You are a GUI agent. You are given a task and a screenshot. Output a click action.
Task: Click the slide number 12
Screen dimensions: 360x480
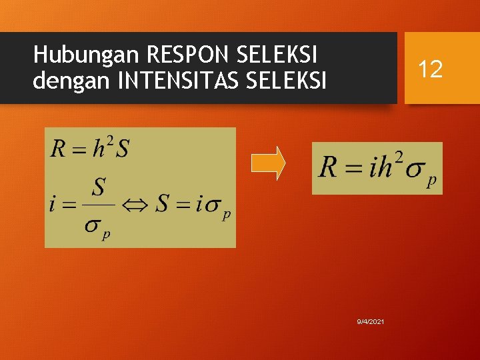(x=431, y=68)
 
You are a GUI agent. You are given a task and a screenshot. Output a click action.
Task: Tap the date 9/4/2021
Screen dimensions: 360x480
(x=370, y=322)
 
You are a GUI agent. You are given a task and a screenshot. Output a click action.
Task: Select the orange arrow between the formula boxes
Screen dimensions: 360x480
(x=268, y=163)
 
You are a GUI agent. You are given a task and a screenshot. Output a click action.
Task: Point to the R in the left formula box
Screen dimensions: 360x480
(x=58, y=148)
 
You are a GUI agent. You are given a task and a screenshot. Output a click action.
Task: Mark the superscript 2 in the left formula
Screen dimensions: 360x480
(x=110, y=139)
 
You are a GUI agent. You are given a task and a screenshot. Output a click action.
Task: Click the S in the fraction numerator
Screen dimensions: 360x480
(x=98, y=187)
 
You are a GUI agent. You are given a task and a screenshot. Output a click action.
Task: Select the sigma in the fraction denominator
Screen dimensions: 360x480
(x=93, y=225)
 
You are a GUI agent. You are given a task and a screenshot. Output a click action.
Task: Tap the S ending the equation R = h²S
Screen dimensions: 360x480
(x=122, y=148)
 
